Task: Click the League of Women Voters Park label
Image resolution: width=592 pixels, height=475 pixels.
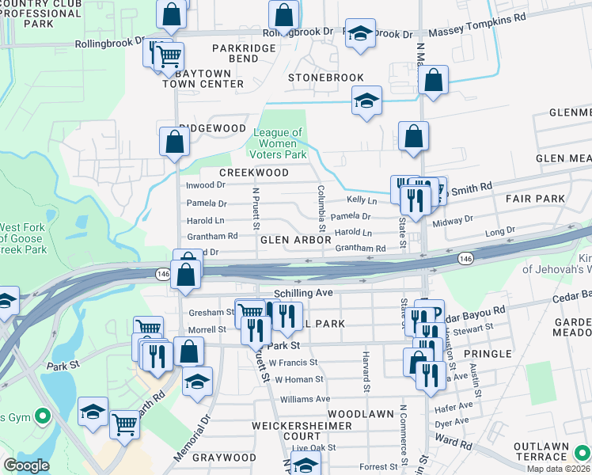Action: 279,143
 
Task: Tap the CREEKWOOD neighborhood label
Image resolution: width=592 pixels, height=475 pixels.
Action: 254,173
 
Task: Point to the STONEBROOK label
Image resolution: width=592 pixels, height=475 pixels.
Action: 325,78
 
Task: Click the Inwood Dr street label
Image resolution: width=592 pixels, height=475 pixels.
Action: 206,185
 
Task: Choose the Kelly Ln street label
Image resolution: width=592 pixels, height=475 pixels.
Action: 362,201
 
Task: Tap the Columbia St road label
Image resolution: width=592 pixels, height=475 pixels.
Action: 322,204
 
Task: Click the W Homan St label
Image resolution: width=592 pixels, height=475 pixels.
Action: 299,380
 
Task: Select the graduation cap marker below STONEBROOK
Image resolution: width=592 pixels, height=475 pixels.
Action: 366,101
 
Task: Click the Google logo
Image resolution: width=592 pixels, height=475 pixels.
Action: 26,465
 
